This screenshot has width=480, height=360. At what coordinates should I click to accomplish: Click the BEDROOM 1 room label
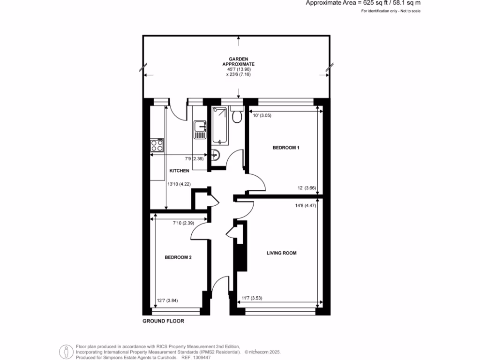click(286, 148)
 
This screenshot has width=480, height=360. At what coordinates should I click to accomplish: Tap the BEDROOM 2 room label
click(178, 257)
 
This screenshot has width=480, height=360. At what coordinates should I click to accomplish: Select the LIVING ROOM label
click(282, 253)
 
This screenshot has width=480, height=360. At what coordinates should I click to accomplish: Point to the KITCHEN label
click(179, 171)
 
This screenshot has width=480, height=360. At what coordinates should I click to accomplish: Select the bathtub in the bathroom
click(219, 126)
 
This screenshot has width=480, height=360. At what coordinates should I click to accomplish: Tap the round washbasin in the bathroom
click(215, 154)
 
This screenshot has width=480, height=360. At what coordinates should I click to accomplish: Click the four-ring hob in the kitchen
click(157, 146)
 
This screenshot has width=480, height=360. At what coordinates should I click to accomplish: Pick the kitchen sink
click(200, 128)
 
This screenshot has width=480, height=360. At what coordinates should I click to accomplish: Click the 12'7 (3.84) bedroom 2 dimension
click(167, 300)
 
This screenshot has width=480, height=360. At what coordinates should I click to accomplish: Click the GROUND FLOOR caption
click(163, 322)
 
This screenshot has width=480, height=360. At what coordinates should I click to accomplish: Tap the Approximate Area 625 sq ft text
click(363, 3)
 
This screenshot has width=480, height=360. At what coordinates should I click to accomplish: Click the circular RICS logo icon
click(66, 352)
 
